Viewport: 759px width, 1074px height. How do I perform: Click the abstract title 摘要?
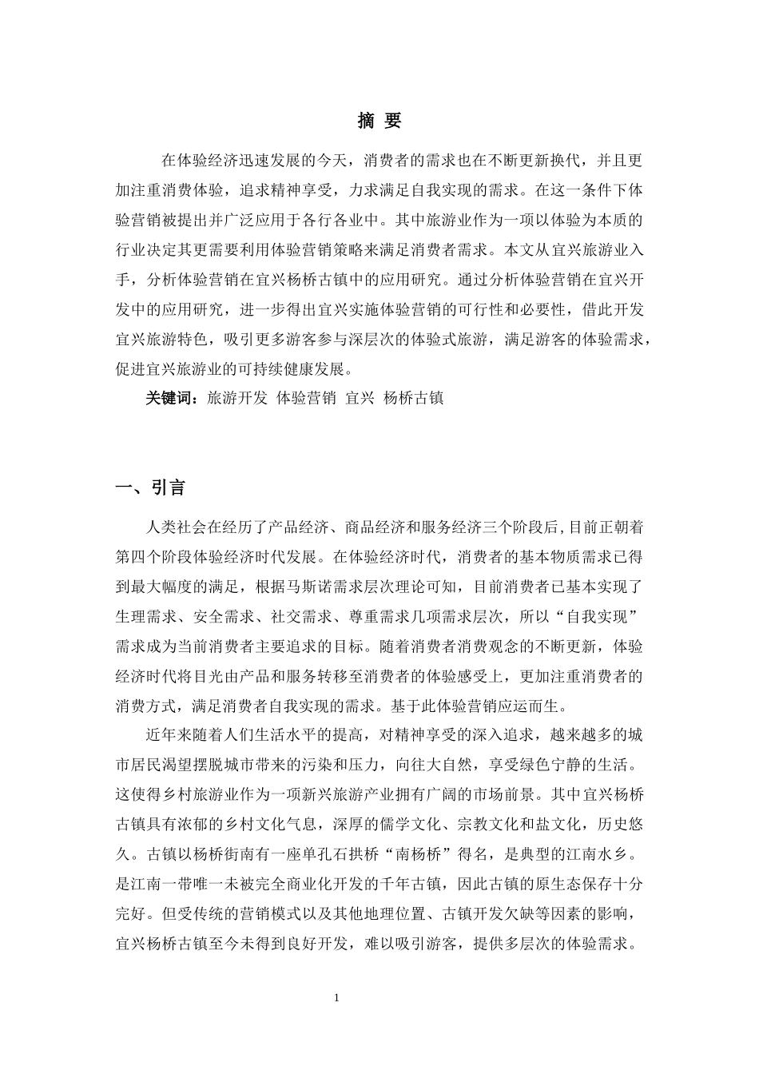(x=379, y=121)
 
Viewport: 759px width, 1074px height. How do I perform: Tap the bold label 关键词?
(x=169, y=398)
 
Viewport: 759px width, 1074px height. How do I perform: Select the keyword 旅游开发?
(x=237, y=398)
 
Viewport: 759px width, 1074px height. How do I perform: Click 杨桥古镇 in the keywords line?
(x=413, y=398)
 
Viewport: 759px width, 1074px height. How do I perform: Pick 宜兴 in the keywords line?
(x=360, y=398)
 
